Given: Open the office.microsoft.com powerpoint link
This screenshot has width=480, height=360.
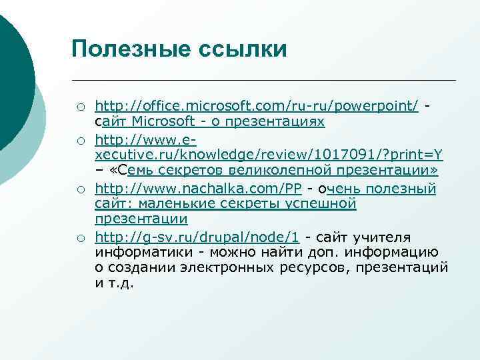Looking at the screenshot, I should (x=257, y=107).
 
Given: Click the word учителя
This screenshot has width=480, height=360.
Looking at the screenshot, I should (x=383, y=237).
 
